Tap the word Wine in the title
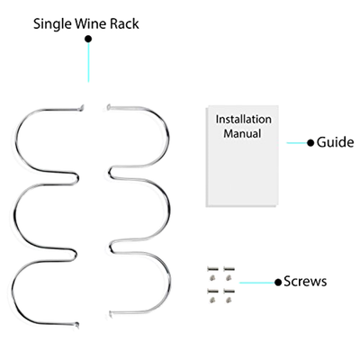[x=91, y=23]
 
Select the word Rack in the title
[x=124, y=23]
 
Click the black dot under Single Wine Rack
[x=88, y=39]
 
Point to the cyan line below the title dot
[x=88, y=62]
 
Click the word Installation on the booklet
[x=243, y=120]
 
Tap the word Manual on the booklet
[x=242, y=133]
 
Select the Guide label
[x=335, y=142]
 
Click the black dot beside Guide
[x=310, y=142]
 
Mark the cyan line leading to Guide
[x=297, y=143]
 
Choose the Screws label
[x=305, y=282]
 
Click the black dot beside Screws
[x=278, y=282]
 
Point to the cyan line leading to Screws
[x=257, y=283]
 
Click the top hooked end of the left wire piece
[x=82, y=106]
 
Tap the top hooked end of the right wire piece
[x=109, y=106]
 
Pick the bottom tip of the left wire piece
[x=77, y=325]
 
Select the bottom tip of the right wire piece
[x=111, y=313]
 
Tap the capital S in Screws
[x=288, y=282]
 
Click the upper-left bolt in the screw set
[x=212, y=269]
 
